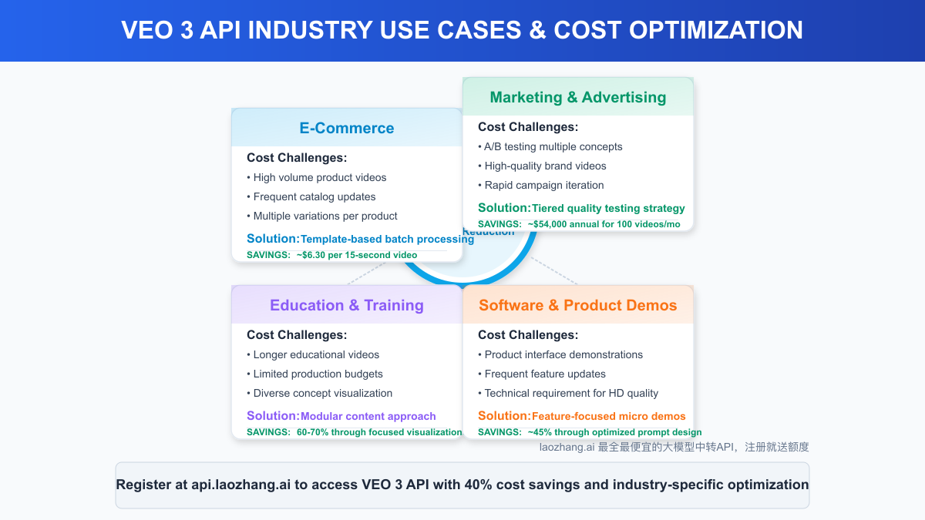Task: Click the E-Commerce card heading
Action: (x=347, y=128)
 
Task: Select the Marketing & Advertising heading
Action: (x=578, y=97)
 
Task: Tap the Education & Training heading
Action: (x=347, y=305)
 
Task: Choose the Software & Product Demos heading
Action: (x=578, y=305)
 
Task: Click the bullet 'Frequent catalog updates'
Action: (x=314, y=196)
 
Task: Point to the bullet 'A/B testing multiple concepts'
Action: (x=553, y=146)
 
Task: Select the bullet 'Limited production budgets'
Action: (x=318, y=374)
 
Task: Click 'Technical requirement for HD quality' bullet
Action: (x=571, y=393)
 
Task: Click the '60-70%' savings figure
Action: (x=312, y=432)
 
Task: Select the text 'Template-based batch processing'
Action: (x=387, y=239)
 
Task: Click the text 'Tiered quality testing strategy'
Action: (x=608, y=208)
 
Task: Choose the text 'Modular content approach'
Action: (x=368, y=416)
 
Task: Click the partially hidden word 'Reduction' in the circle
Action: (x=489, y=232)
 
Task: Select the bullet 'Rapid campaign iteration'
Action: (x=544, y=185)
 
